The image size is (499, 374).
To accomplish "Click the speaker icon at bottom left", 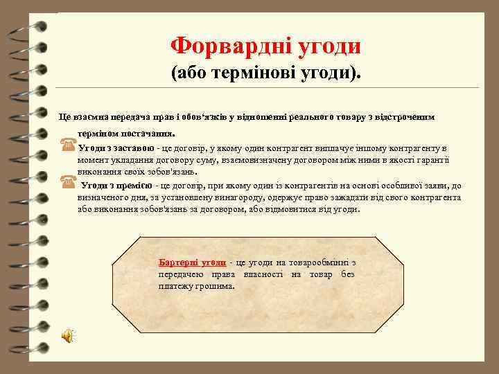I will tap(68, 336).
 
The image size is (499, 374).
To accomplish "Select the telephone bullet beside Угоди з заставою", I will tap(68, 147).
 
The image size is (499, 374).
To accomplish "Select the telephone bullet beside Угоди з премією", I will tap(68, 185).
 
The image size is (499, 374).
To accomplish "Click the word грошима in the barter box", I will tap(216, 286).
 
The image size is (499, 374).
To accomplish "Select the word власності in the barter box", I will tap(263, 274).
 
